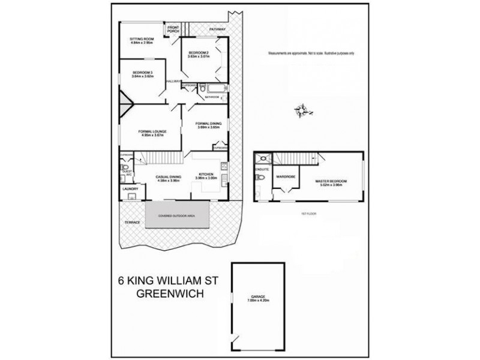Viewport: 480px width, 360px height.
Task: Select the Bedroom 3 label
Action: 135,73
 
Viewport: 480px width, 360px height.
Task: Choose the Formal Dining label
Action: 209,124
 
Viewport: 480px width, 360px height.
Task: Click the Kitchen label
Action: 206,175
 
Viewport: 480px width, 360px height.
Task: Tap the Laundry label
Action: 130,190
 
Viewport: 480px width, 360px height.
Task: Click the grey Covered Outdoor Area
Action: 178,214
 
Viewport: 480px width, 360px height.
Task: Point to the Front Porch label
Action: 173,29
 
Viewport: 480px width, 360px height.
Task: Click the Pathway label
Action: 217,29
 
